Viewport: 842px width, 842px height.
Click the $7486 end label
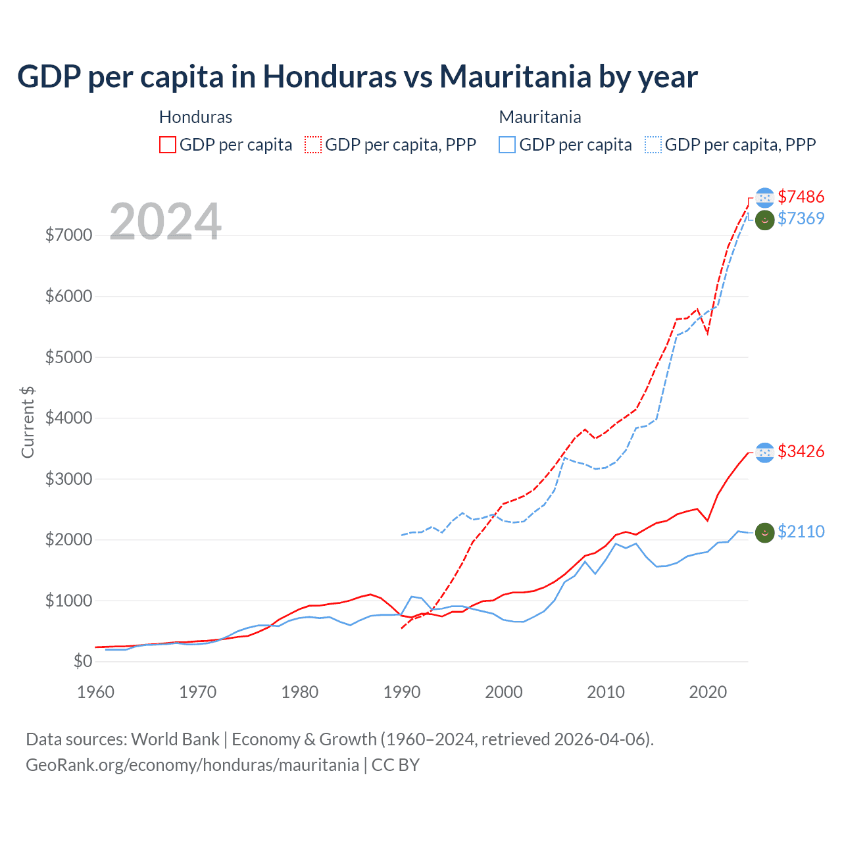coord(801,197)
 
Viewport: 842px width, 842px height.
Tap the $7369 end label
coord(801,218)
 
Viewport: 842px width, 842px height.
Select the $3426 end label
coord(801,451)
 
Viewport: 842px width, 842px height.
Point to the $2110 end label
coord(801,532)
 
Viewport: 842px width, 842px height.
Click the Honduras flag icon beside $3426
coord(764,452)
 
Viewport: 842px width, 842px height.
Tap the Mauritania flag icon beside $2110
coord(764,532)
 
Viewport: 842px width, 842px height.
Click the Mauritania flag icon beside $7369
coord(764,219)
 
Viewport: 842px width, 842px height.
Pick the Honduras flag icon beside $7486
coord(764,197)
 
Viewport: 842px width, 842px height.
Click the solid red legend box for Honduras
coord(168,145)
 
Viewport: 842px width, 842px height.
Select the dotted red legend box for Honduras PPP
coord(313,145)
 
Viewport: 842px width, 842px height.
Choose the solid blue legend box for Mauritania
coord(507,145)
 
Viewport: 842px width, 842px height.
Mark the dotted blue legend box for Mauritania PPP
coord(653,145)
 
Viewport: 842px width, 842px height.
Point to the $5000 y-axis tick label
coord(68,357)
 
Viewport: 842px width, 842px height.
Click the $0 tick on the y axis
coord(82,661)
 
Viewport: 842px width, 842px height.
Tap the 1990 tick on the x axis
coord(402,692)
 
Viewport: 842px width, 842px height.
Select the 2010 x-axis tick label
coord(606,692)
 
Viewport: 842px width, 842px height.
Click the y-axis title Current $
coord(28,422)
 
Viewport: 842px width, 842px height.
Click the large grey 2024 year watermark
coord(165,221)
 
